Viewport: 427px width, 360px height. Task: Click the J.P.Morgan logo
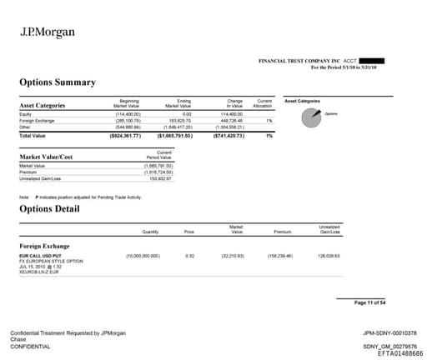coord(47,32)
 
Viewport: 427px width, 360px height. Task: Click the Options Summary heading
coord(58,82)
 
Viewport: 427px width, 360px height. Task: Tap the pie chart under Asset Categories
coord(313,117)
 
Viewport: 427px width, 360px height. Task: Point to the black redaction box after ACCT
coord(373,61)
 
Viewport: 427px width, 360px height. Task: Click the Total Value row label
coord(33,135)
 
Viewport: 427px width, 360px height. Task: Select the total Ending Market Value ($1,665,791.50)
coord(176,135)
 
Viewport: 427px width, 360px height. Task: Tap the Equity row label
coord(25,113)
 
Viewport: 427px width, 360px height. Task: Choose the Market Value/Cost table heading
coord(46,157)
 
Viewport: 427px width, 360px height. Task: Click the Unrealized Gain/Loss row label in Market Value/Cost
coord(40,178)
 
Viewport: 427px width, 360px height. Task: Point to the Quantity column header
coord(150,232)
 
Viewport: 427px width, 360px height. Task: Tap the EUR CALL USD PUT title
coord(43,255)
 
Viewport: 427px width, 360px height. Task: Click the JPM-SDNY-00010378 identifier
coord(390,332)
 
